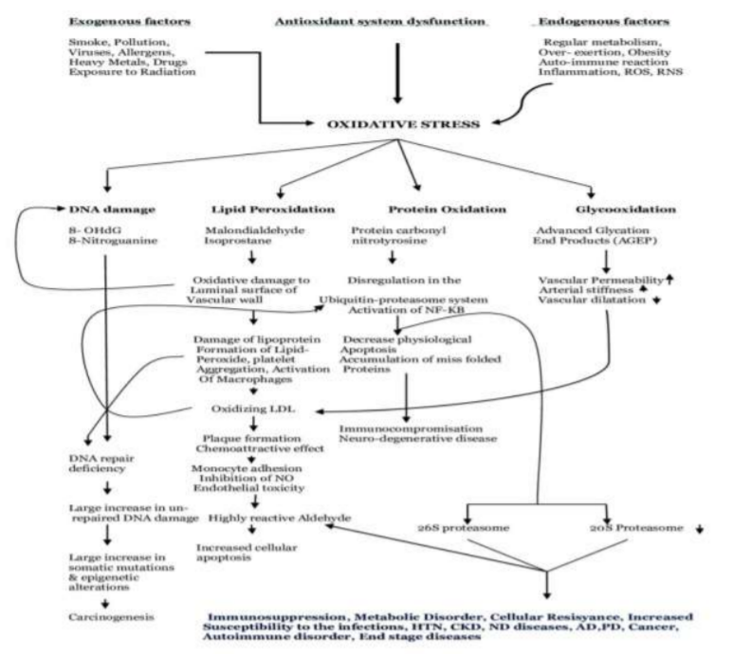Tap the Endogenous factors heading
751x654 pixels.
590,19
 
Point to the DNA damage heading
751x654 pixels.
107,208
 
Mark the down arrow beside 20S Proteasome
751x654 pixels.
699,528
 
